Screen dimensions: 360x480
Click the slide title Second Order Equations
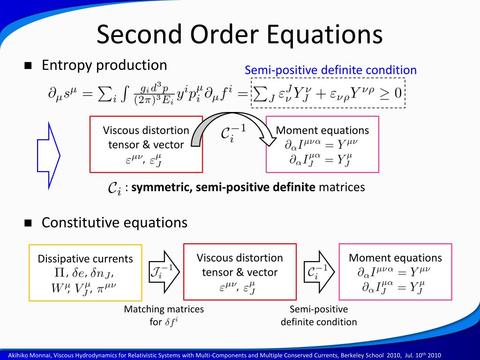240,35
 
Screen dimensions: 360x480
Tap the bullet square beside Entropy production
28,66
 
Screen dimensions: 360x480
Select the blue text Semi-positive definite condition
330,70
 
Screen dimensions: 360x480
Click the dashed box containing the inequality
328,93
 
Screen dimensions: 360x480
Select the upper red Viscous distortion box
146,144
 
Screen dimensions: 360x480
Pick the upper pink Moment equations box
322,144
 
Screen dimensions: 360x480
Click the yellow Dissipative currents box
85,272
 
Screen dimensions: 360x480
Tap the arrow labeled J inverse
164,271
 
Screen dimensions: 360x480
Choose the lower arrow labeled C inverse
319,271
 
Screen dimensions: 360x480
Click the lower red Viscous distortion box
240,271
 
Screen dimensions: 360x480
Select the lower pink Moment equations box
395,271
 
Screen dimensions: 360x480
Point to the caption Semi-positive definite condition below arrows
319,315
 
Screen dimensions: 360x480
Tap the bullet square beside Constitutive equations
28,223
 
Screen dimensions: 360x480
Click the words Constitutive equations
114,223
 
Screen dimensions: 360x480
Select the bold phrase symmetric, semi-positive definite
224,187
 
